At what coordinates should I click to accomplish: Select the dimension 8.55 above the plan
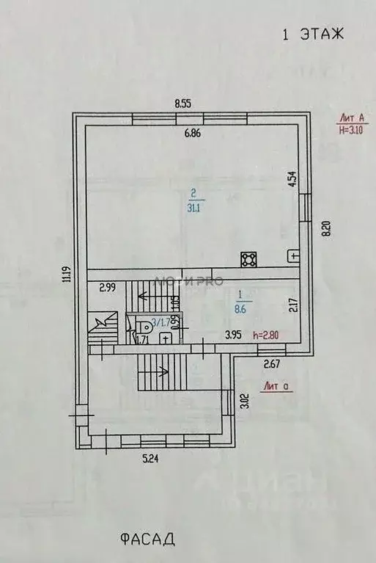click(183, 103)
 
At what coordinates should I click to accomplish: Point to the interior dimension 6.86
click(192, 133)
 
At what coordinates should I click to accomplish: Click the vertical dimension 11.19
click(66, 274)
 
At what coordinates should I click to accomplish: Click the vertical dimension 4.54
click(291, 180)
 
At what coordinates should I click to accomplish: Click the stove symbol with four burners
click(248, 258)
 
